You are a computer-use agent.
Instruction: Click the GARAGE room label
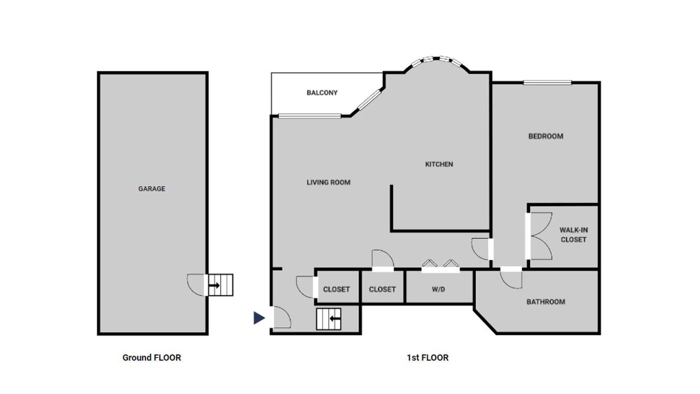click(x=151, y=189)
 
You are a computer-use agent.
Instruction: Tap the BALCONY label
click(x=322, y=93)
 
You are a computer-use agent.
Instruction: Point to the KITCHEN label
click(x=439, y=164)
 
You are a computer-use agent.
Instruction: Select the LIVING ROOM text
click(x=329, y=182)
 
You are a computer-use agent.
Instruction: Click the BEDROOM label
click(x=546, y=136)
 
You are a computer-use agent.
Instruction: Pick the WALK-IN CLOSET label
click(x=574, y=235)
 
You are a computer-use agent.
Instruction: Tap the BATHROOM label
click(x=546, y=302)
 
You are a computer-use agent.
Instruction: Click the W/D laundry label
click(x=438, y=289)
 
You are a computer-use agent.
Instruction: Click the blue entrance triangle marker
click(x=259, y=318)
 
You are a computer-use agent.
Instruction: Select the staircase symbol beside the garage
click(x=220, y=285)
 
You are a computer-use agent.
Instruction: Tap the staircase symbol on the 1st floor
click(x=329, y=319)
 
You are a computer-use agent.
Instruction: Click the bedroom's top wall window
click(x=547, y=83)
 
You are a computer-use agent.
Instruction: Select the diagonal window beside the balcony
click(x=369, y=100)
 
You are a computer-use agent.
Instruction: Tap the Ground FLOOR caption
click(x=151, y=357)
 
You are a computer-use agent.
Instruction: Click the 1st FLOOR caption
click(x=428, y=357)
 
